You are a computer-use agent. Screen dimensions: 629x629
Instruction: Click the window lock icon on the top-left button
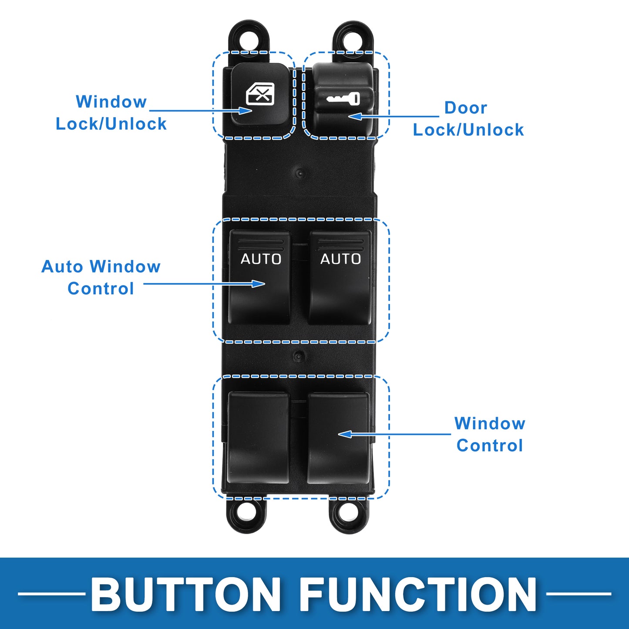point(260,94)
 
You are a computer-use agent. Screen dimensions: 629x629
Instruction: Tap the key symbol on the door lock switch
point(343,98)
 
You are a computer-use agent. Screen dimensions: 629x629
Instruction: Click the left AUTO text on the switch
point(261,259)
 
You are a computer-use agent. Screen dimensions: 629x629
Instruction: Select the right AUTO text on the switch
point(340,259)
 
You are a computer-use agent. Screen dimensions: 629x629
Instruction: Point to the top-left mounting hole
point(249,39)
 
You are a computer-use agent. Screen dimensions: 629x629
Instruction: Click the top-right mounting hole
point(353,40)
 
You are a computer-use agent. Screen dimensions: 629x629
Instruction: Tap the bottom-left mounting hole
point(246,514)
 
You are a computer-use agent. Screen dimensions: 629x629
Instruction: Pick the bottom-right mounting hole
point(349,514)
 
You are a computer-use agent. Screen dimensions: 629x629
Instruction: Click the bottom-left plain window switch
point(259,437)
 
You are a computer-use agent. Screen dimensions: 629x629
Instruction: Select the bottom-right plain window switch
point(338,437)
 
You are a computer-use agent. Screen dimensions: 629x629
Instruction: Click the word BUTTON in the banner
point(186,594)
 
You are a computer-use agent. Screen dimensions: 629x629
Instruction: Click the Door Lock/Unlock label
point(468,119)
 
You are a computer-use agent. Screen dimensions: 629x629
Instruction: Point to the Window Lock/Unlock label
point(111,113)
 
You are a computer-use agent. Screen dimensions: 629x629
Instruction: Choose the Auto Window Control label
point(101,277)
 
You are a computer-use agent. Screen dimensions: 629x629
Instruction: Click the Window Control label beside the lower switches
point(490,434)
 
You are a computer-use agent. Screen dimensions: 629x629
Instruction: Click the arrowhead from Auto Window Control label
point(259,284)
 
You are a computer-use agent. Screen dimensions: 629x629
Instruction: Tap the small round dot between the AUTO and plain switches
point(298,356)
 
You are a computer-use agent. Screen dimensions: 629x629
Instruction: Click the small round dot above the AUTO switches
point(299,173)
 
